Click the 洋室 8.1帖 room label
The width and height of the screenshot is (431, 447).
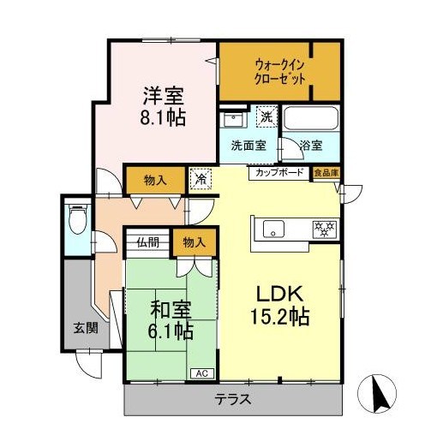click(x=161, y=104)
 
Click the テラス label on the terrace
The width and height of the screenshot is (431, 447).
click(x=232, y=399)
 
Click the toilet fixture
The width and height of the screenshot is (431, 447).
click(x=76, y=219)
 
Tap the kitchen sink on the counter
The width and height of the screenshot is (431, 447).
click(x=275, y=229)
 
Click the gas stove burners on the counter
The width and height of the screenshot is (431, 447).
click(x=326, y=229)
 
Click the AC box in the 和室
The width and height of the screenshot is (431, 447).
click(x=202, y=372)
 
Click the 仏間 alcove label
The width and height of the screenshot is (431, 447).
click(x=149, y=242)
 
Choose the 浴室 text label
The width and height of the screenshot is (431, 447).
click(x=311, y=146)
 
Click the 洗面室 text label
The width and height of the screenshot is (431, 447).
click(x=248, y=146)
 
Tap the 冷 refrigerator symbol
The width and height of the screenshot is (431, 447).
click(x=199, y=180)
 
